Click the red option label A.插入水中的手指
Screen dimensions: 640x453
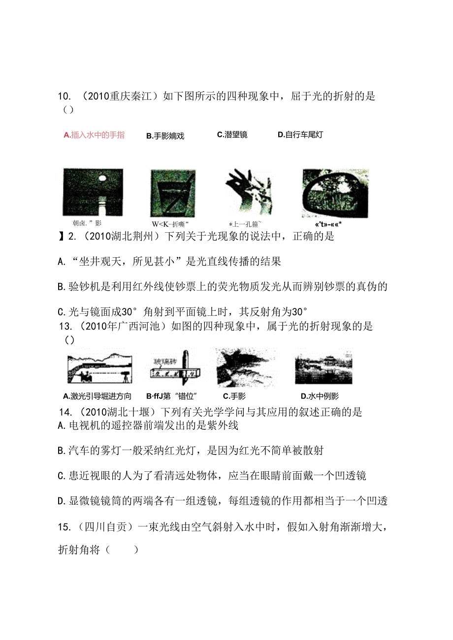click(94, 135)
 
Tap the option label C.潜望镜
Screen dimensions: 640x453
click(232, 135)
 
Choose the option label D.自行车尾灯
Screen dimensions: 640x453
click(300, 135)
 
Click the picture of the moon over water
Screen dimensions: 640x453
click(93, 192)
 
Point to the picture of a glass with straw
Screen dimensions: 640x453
click(172, 192)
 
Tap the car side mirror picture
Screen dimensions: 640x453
click(335, 192)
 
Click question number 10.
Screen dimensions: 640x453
click(65, 96)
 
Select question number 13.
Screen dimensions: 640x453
click(65, 326)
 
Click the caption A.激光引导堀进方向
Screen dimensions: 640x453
click(97, 396)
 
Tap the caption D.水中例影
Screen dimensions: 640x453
click(320, 396)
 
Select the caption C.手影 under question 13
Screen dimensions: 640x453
click(234, 396)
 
